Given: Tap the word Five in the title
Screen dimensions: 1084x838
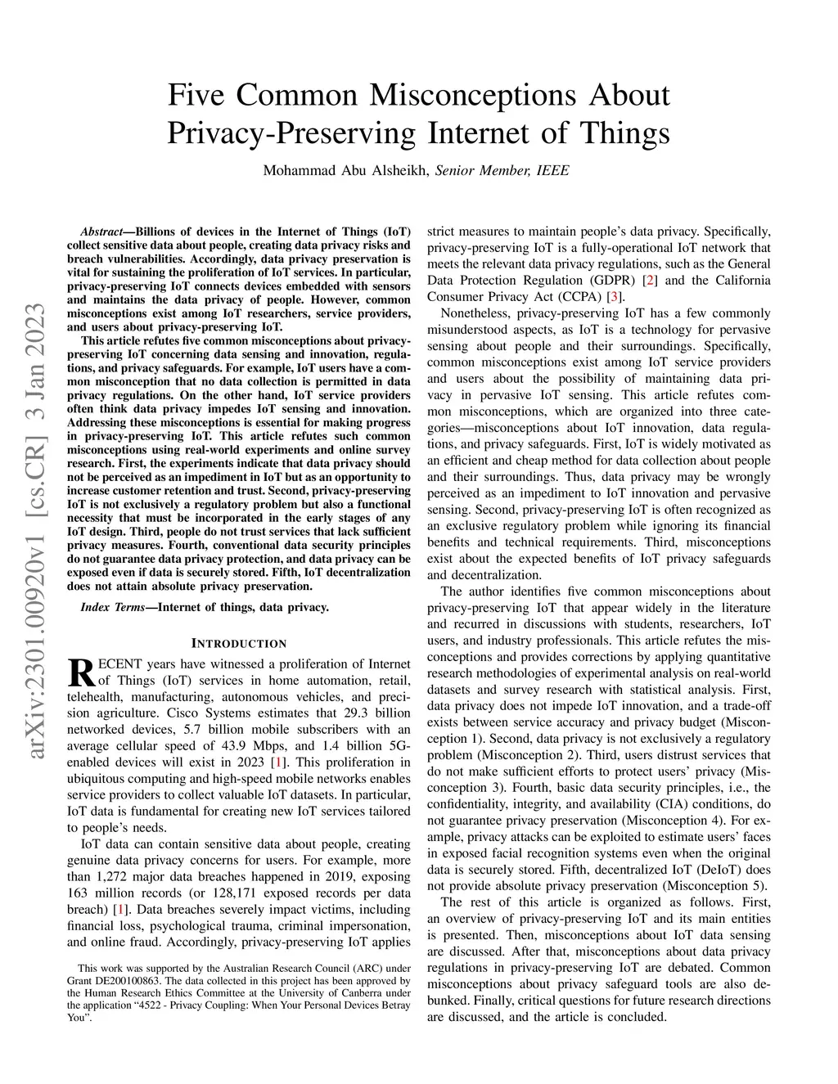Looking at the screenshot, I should coord(195,96).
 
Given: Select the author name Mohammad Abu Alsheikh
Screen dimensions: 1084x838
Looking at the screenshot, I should coord(345,171).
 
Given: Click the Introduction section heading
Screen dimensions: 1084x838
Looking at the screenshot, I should coord(239,644).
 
